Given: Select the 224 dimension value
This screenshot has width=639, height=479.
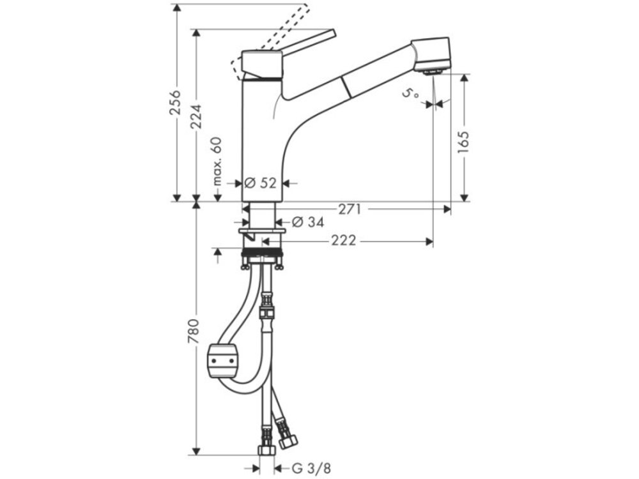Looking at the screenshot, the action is coord(196,117).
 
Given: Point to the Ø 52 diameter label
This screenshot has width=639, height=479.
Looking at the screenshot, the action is coord(261,183).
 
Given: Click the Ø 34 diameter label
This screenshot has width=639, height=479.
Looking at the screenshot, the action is coord(308,222).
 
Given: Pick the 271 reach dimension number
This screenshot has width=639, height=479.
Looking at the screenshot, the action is coord(350,209).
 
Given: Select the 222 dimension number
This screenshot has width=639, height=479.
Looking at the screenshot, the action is coord(343,241).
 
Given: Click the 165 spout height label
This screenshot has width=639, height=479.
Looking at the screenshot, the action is coord(463,142).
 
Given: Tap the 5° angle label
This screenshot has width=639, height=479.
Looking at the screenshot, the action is coord(411,94).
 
